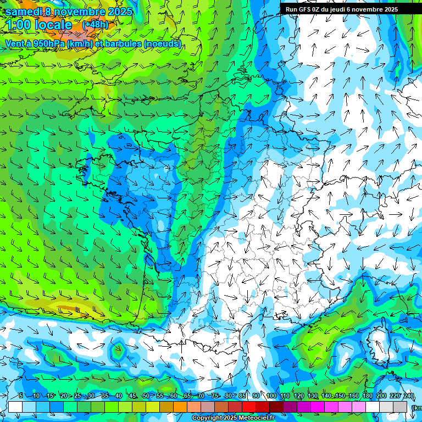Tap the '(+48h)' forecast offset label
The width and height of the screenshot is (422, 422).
[95, 25]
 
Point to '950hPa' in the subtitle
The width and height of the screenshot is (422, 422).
[48, 43]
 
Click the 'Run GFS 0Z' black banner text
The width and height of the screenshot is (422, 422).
[308, 9]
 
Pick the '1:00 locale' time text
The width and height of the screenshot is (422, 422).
[39, 25]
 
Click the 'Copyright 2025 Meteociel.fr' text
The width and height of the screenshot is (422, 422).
[233, 418]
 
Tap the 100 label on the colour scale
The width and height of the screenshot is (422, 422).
[271, 396]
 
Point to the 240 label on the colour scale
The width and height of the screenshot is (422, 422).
[409, 396]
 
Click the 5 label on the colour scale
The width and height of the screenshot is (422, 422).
[20, 396]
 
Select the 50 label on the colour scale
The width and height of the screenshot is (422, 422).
[146, 396]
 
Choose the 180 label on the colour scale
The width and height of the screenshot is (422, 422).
[368, 396]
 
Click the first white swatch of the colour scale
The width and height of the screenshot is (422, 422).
[15, 407]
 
